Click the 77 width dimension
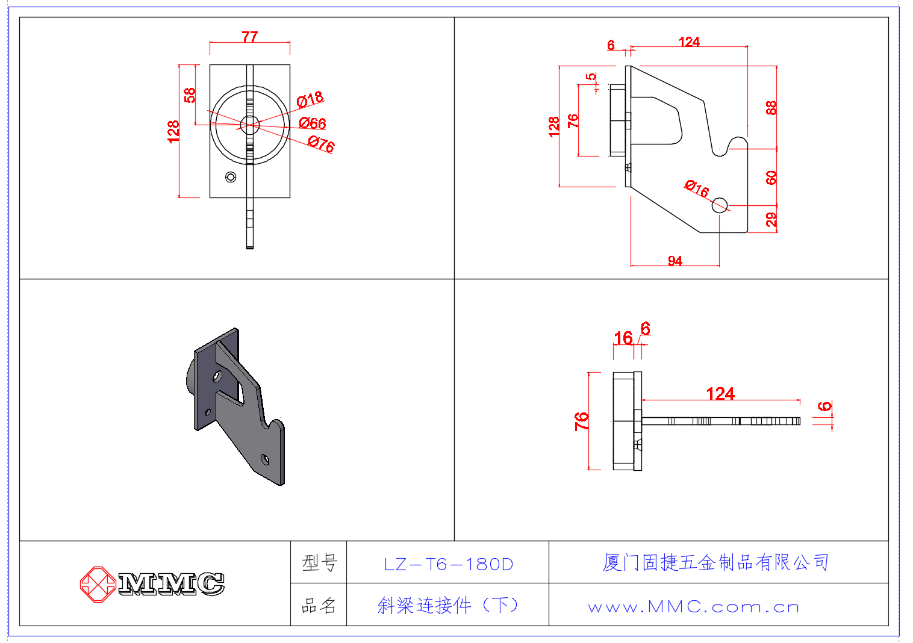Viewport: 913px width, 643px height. (x=250, y=37)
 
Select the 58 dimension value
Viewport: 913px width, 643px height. (x=190, y=95)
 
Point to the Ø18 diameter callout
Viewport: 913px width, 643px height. (x=310, y=99)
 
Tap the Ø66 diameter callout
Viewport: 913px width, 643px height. (x=313, y=123)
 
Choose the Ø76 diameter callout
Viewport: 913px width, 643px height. (x=321, y=144)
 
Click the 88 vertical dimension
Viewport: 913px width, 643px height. (x=771, y=108)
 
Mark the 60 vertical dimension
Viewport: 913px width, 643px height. (x=771, y=178)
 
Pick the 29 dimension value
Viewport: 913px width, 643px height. (x=771, y=220)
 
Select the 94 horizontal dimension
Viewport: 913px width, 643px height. (x=675, y=261)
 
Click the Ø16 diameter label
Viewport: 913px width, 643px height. (x=697, y=188)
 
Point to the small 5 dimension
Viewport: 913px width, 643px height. (x=591, y=76)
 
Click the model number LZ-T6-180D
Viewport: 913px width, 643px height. (x=448, y=564)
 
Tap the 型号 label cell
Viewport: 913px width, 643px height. (x=319, y=563)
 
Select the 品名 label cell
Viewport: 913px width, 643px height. (x=319, y=606)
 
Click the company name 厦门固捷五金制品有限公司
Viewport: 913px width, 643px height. (x=715, y=562)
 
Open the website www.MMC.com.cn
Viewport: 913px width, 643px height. (x=694, y=607)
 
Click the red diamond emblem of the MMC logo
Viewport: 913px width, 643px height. (x=98, y=584)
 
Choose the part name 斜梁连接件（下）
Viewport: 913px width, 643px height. (x=448, y=605)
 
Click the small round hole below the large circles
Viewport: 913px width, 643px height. (x=230, y=177)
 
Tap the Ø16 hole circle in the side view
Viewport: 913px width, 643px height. (x=719, y=205)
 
